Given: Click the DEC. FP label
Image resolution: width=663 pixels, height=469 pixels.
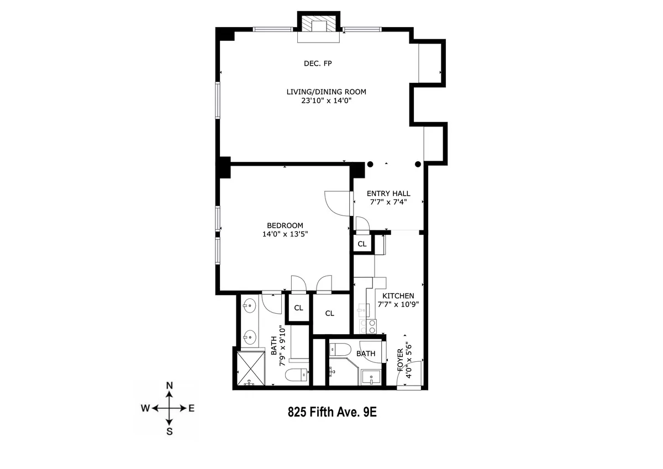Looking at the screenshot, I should click(318, 63).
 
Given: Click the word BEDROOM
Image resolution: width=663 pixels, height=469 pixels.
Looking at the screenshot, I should click(285, 225).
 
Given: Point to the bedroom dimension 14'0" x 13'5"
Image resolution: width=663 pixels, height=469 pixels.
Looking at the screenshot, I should click(285, 234).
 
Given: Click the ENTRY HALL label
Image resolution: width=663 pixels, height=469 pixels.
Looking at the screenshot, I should click(390, 193).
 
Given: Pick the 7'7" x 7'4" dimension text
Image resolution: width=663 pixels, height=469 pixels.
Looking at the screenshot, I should click(390, 202).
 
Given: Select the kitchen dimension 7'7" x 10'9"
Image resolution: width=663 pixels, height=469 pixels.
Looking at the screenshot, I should click(398, 304).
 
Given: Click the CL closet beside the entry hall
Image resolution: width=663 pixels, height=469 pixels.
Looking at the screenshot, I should click(362, 244).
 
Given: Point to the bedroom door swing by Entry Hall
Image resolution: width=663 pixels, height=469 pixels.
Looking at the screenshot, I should click(336, 203).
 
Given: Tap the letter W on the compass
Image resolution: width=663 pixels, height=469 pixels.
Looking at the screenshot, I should click(145, 409).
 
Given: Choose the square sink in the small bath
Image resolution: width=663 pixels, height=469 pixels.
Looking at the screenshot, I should click(369, 378).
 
